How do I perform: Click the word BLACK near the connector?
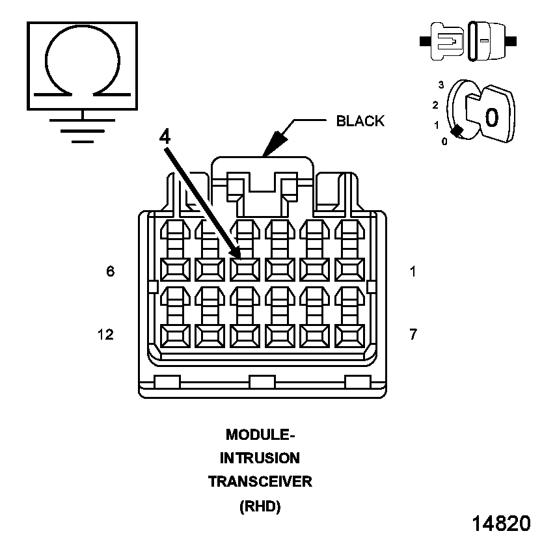360,121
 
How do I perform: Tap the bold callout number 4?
165,137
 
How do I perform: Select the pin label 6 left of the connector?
111,271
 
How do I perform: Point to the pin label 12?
105,334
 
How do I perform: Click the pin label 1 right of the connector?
413,271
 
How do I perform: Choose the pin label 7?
413,334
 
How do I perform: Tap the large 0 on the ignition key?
491,117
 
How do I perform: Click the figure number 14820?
501,523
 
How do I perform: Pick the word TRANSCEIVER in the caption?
260,482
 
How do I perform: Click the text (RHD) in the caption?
260,506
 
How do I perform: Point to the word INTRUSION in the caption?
260,458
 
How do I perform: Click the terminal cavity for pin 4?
245,269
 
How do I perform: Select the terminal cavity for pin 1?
350,269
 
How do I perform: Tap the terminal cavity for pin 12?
174,336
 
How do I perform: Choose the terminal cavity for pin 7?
350,336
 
